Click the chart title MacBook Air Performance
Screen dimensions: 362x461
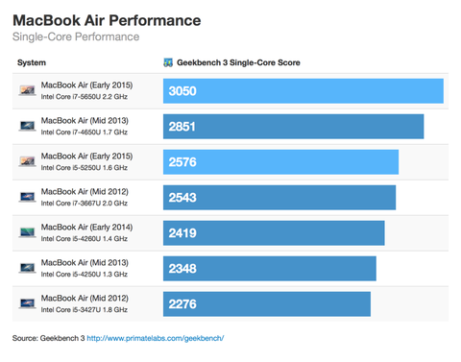[x=107, y=19]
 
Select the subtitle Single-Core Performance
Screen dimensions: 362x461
[x=76, y=37]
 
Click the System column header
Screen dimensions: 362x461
[x=32, y=62]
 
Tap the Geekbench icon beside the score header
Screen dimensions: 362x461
[x=168, y=62]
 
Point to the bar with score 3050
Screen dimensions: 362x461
[x=303, y=91]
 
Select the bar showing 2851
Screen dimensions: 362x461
[x=293, y=126]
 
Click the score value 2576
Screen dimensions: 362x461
[x=182, y=161]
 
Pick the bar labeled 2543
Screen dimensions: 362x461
[x=279, y=197]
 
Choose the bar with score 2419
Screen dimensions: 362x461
[x=274, y=232]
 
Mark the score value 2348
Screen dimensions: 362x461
[x=182, y=268]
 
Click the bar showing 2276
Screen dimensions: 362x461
[x=266, y=303]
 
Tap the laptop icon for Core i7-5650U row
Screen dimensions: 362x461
[x=27, y=91]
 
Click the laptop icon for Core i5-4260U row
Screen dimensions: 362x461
[x=27, y=232]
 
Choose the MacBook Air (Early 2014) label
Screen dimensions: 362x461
[x=85, y=226]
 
